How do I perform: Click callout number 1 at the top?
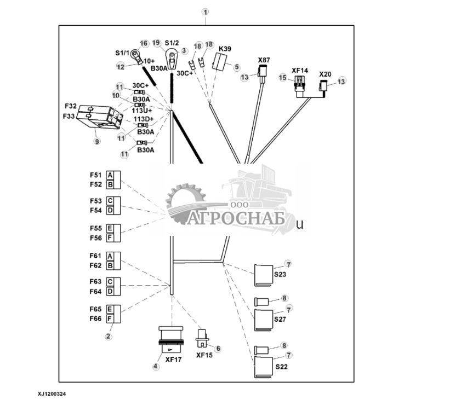[205, 11]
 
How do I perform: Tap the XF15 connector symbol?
[202, 338]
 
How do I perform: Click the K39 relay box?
[220, 62]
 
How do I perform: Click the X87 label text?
[264, 60]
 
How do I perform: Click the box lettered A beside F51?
[110, 175]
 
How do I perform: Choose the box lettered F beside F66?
[110, 318]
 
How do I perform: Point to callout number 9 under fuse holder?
[97, 141]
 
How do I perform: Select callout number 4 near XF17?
[156, 367]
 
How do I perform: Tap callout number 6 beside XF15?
[218, 348]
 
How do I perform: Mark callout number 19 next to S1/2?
[156, 42]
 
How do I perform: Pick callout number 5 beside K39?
[237, 67]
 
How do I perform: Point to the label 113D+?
[144, 119]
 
